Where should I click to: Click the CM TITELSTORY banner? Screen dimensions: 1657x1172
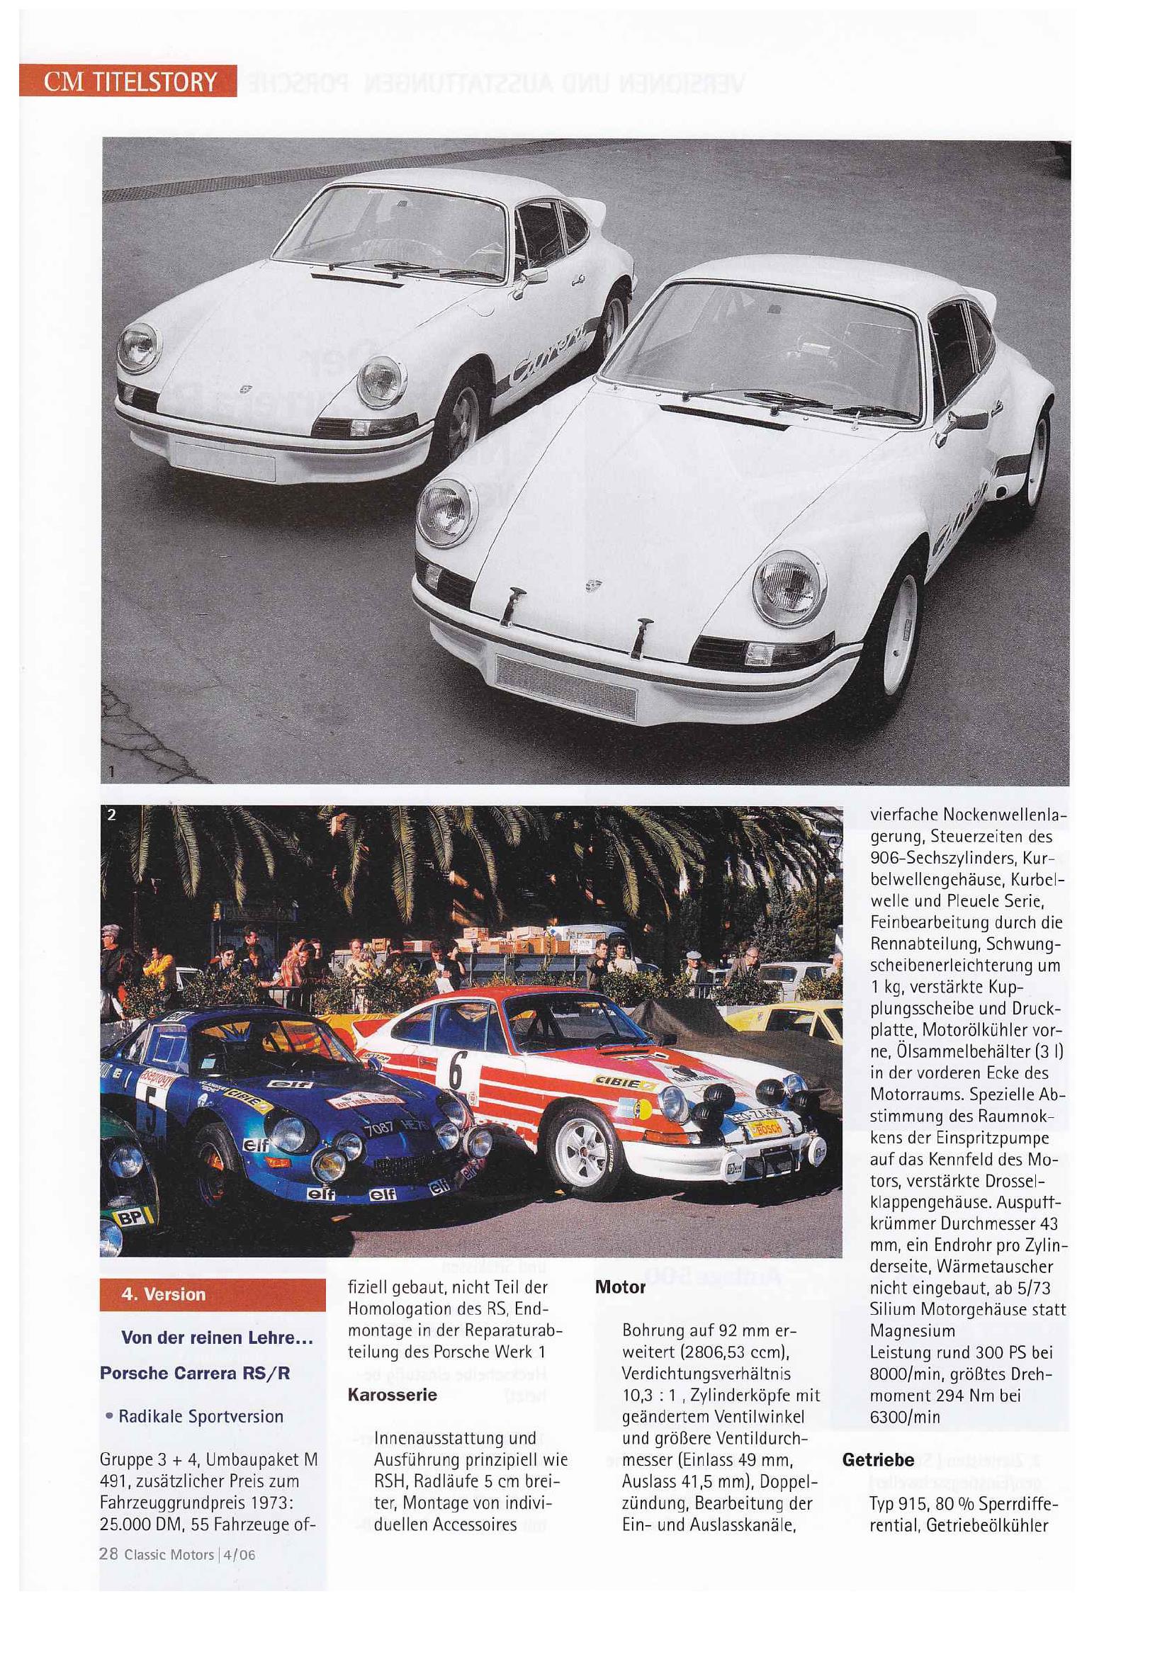[x=128, y=81]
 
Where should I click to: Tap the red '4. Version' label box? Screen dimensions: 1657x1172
[x=212, y=1294]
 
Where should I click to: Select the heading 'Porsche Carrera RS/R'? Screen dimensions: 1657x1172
[x=195, y=1373]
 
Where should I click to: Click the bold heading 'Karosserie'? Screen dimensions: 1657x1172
[x=392, y=1394]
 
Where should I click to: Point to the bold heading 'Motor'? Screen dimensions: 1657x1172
[x=620, y=1287]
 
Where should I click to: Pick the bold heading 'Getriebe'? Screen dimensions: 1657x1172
[x=877, y=1460]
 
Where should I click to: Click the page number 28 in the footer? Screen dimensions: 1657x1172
[x=108, y=1554]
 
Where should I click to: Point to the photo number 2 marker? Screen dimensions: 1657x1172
[x=111, y=815]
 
